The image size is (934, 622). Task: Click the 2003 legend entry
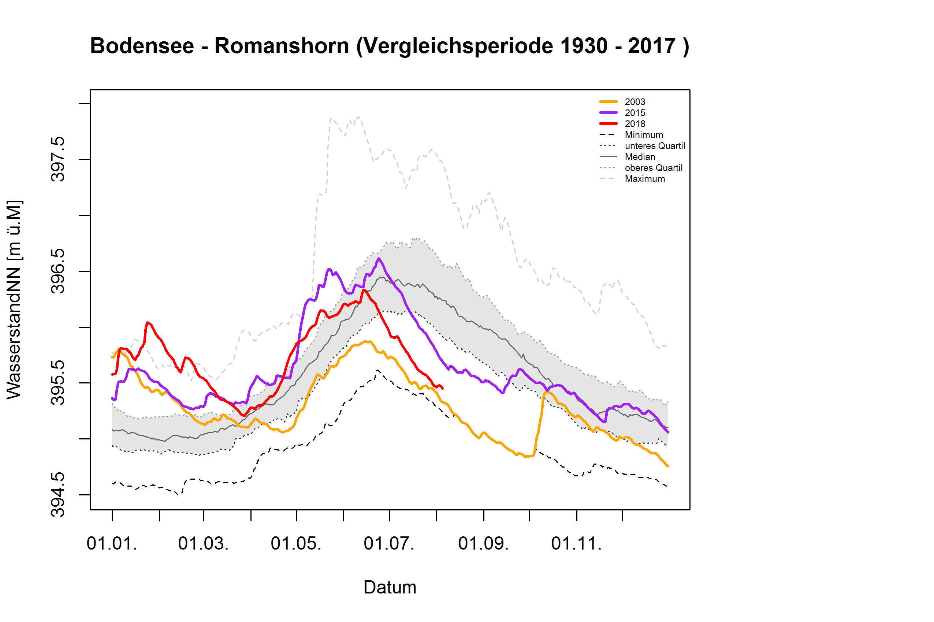(634, 102)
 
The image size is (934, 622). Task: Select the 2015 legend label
(634, 113)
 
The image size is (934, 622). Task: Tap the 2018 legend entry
(634, 124)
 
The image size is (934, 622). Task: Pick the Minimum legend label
(643, 135)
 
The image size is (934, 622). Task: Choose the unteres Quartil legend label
(655, 146)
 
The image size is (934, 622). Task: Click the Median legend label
(640, 157)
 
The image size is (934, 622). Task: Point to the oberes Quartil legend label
(654, 168)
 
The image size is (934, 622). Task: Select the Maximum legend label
(645, 179)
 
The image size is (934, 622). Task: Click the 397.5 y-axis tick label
(58, 159)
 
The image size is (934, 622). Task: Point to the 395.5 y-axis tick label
(58, 383)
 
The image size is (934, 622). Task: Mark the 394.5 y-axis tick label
(58, 495)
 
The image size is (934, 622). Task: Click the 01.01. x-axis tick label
(112, 543)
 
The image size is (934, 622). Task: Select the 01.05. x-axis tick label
(296, 543)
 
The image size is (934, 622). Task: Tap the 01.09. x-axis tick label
(483, 543)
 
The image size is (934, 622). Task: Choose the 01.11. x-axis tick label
(576, 543)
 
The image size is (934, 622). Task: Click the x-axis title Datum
(390, 587)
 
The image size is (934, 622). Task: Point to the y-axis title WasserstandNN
(14, 300)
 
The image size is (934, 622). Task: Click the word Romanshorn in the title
(282, 46)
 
